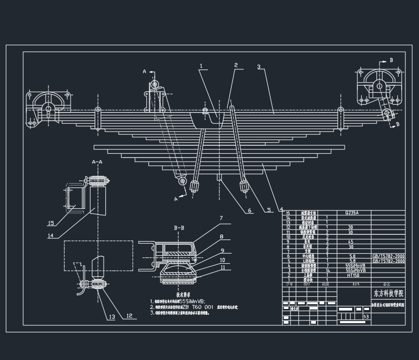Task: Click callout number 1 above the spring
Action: click(201, 66)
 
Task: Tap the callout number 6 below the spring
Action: click(250, 211)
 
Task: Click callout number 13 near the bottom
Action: click(112, 316)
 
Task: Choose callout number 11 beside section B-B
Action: click(222, 267)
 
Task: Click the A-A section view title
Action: click(97, 162)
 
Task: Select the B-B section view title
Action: click(179, 228)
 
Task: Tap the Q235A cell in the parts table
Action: click(351, 213)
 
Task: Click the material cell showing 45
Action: click(350, 242)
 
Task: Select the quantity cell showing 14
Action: click(328, 270)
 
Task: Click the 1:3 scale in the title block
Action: click(365, 316)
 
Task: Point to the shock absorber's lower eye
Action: click(183, 182)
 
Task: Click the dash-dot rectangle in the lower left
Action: click(98, 256)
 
